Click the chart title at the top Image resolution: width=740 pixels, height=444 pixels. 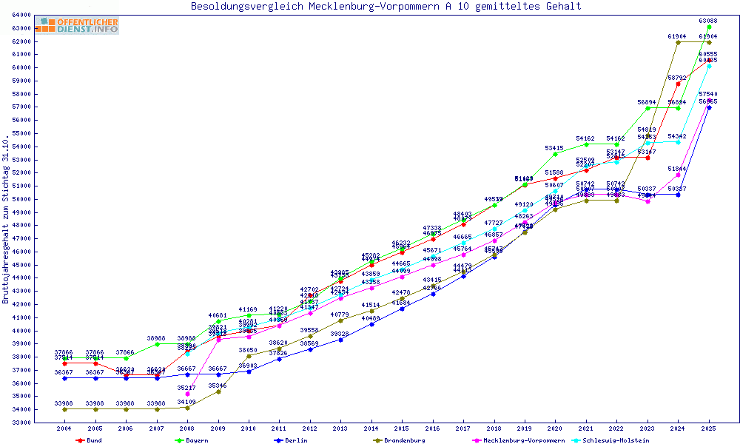[386, 7]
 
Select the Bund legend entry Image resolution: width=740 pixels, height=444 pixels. [89, 440]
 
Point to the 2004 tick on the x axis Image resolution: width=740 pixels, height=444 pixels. [64, 428]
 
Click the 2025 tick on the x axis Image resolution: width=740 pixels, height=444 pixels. [709, 428]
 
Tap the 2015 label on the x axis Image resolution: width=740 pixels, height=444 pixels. [402, 428]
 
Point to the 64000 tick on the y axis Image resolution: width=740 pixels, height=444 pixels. [21, 15]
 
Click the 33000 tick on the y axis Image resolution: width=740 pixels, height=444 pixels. [21, 423]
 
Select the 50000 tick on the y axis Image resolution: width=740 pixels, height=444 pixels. [21, 199]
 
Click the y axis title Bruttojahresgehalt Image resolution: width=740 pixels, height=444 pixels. [7, 219]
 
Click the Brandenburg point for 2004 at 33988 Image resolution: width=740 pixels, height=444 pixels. [65, 409]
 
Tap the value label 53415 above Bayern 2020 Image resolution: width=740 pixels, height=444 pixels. [555, 149]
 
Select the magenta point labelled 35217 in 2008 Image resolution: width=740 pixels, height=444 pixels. [188, 394]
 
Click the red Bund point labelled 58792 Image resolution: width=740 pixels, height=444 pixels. [678, 84]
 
